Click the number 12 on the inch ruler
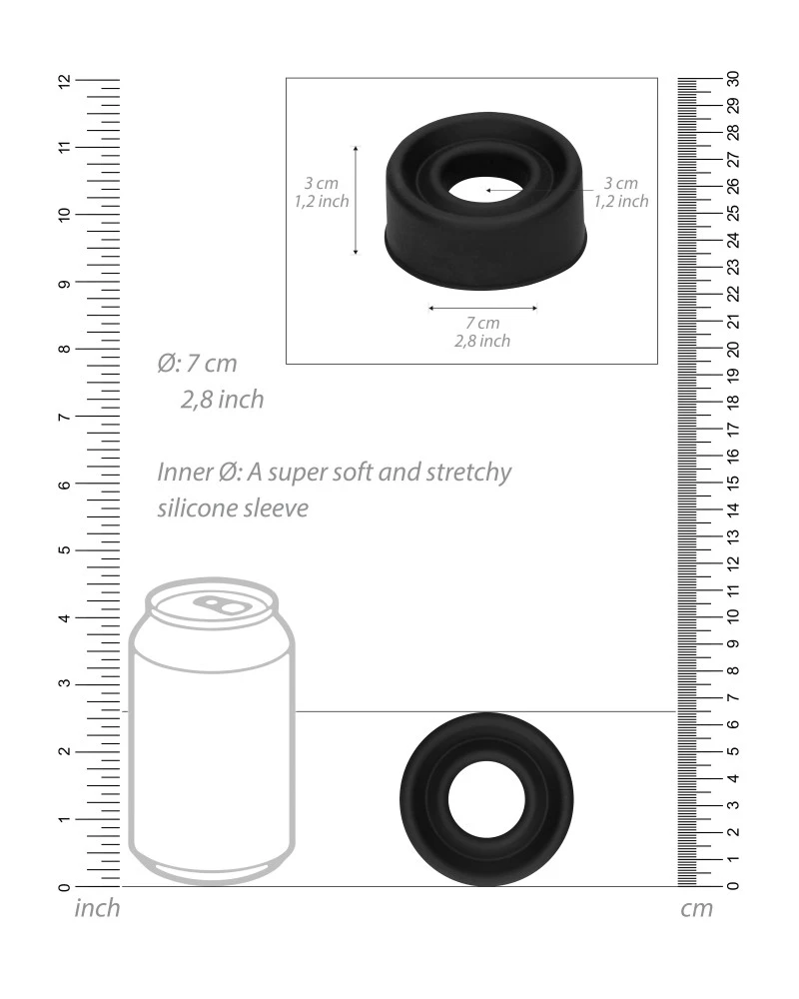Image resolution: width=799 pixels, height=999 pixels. [64, 81]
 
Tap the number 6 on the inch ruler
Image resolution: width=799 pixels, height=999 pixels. [64, 485]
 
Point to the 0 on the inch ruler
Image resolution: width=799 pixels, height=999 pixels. [64, 887]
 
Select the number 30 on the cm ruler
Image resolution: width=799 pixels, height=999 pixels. [733, 78]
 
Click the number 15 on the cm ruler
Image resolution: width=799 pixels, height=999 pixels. [733, 483]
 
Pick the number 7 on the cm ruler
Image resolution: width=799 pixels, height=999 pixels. [733, 697]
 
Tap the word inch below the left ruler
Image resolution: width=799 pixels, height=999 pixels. [97, 908]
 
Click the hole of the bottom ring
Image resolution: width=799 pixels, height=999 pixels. [486, 799]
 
